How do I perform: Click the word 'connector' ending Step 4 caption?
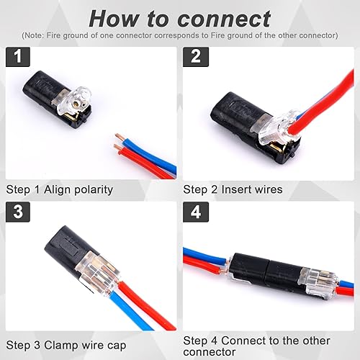coord(209,352)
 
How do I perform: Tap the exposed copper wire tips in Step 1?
coord(117,140)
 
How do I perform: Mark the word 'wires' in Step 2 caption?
coord(269,189)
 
